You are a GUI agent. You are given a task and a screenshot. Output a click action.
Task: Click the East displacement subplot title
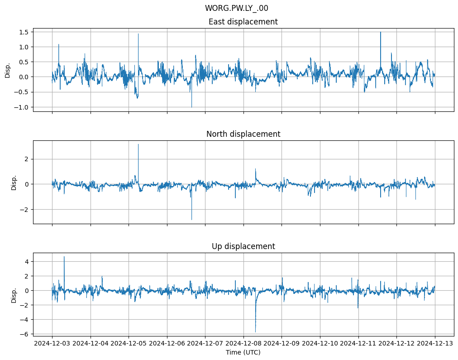(243, 22)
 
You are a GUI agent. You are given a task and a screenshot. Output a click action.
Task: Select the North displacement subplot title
(243, 134)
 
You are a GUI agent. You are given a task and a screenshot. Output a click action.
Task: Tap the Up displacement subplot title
(243, 246)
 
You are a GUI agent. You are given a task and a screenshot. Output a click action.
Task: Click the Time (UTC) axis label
(243, 352)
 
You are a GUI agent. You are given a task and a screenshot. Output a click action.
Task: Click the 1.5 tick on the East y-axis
(24, 32)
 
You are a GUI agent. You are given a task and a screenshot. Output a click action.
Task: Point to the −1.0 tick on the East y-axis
(22, 107)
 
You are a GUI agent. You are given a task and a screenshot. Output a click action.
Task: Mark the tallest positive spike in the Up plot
(64, 257)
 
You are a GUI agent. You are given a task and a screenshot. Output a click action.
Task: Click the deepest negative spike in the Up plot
(255, 331)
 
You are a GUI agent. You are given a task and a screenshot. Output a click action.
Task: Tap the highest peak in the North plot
(138, 144)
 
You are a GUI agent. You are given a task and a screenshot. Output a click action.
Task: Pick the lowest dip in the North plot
(191, 220)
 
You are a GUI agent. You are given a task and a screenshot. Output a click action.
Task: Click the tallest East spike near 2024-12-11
(381, 32)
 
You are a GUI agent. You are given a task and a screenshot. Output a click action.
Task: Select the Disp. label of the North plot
(14, 182)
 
